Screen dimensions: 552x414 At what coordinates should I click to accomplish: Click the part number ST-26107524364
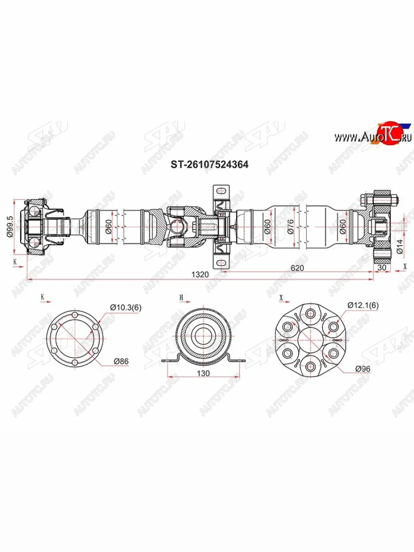210,164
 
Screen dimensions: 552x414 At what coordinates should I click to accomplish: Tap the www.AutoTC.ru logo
372,137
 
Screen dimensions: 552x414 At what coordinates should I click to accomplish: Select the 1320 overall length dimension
201,275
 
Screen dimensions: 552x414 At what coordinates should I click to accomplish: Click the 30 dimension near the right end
381,267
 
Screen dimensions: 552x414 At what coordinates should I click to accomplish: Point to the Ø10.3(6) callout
125,307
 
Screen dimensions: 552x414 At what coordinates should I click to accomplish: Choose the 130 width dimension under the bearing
203,373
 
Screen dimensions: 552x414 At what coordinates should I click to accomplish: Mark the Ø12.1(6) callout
363,305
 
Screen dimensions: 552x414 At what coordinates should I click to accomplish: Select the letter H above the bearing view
181,298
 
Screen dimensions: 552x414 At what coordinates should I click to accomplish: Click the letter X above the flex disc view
281,298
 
